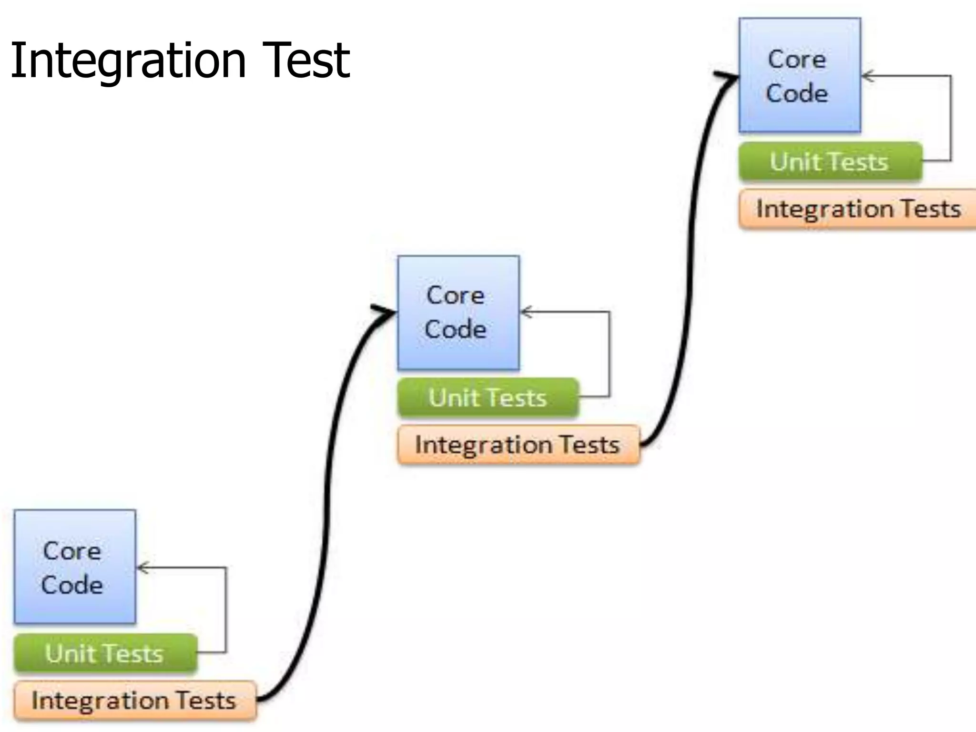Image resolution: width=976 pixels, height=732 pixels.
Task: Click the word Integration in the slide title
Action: click(x=128, y=61)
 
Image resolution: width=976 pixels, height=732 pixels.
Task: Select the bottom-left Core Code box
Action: click(x=75, y=567)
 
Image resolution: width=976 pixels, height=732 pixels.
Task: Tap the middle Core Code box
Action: click(x=458, y=313)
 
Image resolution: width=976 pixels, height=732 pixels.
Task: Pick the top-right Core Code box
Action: click(x=800, y=75)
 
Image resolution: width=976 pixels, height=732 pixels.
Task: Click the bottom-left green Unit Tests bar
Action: click(x=105, y=653)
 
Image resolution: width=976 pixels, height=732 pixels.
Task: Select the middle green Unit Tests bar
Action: click(x=488, y=397)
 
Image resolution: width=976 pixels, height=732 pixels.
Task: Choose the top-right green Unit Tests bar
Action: click(x=830, y=162)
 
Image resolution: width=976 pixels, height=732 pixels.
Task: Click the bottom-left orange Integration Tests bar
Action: click(x=135, y=700)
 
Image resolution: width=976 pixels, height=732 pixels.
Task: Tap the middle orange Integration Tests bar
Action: click(x=518, y=445)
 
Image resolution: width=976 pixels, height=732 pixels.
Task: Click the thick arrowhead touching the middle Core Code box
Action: click(x=385, y=312)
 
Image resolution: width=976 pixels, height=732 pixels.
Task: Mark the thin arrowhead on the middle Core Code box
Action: click(x=526, y=312)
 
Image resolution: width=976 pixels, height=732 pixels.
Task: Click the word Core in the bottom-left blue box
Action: click(x=72, y=551)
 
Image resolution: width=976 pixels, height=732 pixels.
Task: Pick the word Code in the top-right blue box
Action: click(x=797, y=93)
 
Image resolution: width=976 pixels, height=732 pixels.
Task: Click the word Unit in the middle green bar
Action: click(x=453, y=397)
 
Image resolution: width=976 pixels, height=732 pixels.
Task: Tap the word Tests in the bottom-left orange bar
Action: click(x=206, y=701)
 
